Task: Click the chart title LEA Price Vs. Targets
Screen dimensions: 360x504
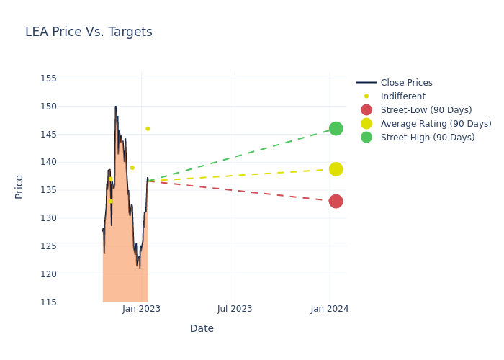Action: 89,32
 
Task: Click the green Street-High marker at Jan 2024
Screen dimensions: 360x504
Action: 336,129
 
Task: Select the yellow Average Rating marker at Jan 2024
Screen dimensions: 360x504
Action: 336,169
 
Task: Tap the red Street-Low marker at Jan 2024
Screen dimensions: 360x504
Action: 336,202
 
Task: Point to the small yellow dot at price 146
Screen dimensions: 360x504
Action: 148,129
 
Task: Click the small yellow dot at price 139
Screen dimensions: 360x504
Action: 132,168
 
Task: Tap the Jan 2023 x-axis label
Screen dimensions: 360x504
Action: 141,309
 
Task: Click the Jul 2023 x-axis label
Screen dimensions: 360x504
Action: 235,309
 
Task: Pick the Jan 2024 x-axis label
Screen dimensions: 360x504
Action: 330,309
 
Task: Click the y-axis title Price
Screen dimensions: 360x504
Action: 19,186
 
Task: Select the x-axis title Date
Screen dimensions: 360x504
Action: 202,329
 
